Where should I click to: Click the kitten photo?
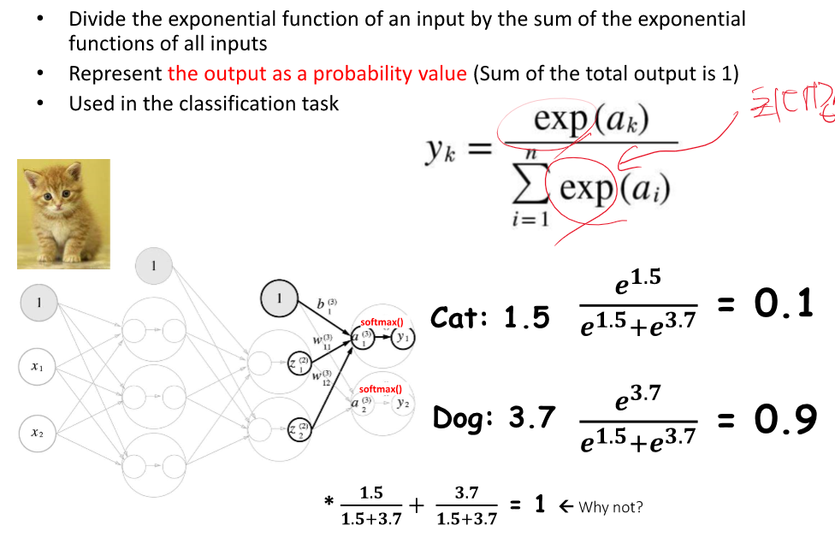click(x=63, y=214)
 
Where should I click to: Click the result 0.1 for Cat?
click(x=783, y=304)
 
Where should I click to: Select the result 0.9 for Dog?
click(x=783, y=419)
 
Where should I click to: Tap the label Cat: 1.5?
click(x=490, y=319)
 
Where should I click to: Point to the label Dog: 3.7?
click(x=494, y=419)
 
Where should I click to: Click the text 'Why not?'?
click(x=610, y=507)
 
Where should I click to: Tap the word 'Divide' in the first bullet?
click(x=96, y=19)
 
